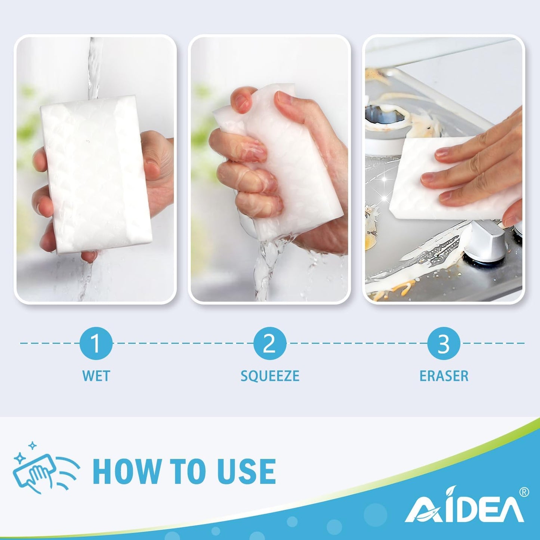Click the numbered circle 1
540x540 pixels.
click(96, 343)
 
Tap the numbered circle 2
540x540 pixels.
click(270, 343)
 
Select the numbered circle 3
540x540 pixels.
click(444, 343)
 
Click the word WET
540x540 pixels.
click(96, 376)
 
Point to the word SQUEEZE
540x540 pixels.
click(270, 376)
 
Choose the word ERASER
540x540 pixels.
click(444, 376)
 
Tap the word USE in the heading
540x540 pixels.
click(246, 471)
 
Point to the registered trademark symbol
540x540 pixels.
click(524, 492)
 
